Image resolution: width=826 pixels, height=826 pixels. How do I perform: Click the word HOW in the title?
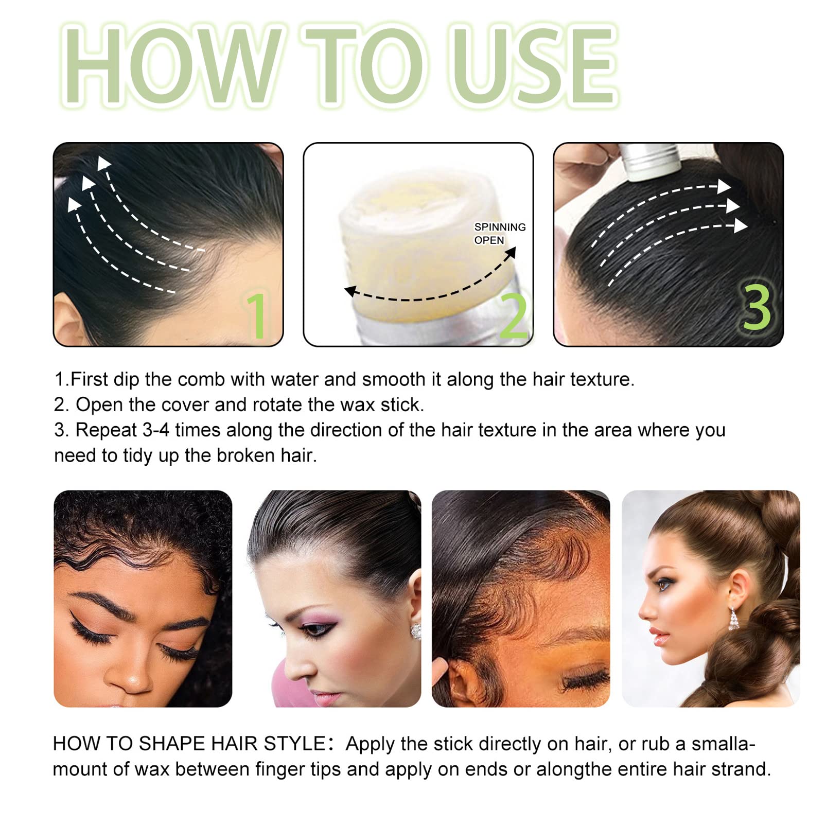point(173,66)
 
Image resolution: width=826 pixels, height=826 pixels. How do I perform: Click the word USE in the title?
point(535,66)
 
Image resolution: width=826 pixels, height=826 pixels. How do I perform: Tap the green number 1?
point(257,315)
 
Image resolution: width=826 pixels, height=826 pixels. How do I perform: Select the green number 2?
point(514,315)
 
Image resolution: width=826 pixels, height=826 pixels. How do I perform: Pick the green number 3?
point(757,307)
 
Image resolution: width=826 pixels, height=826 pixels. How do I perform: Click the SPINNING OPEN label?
point(500,234)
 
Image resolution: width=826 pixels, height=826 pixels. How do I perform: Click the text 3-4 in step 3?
point(156,430)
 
